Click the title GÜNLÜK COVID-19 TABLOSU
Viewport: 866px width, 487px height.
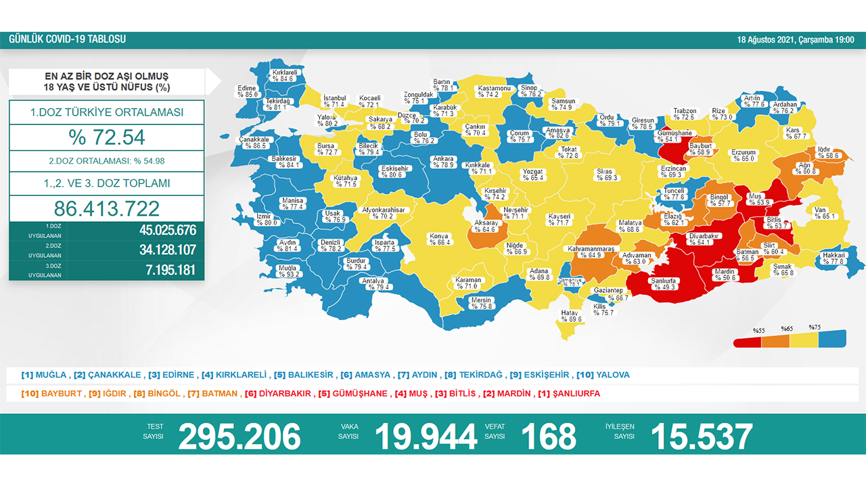pos(67,40)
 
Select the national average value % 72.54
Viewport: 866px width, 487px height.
pos(106,137)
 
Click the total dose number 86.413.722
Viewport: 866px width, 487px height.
pos(106,208)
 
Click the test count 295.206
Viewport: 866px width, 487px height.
pos(239,437)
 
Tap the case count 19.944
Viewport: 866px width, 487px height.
pos(426,437)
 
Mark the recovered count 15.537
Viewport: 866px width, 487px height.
pos(701,437)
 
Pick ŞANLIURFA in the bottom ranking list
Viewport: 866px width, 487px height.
pos(572,394)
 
